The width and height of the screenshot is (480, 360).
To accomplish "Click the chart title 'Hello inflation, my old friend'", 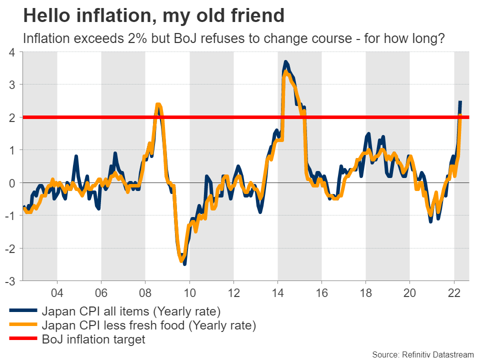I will coord(154,16).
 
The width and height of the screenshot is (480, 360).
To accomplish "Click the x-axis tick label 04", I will coord(57,292).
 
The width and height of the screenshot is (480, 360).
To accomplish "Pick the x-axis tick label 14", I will coord(277,292).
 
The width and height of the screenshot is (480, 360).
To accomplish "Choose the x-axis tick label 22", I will coord(454,292).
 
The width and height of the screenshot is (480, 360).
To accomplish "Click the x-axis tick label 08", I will coord(145,292).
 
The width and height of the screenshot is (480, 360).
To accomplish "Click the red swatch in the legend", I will coord(22,340).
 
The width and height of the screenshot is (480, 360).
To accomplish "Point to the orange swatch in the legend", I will coord(22,326).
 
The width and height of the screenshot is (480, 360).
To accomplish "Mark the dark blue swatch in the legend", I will coord(22,311).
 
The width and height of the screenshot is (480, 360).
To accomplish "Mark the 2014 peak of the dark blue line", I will coord(285,61).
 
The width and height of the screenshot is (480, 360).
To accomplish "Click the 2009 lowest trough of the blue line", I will coord(185,263).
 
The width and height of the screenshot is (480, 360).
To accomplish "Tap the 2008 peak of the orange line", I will coord(158,104).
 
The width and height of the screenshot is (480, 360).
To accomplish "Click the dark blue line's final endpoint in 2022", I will coord(460,101).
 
